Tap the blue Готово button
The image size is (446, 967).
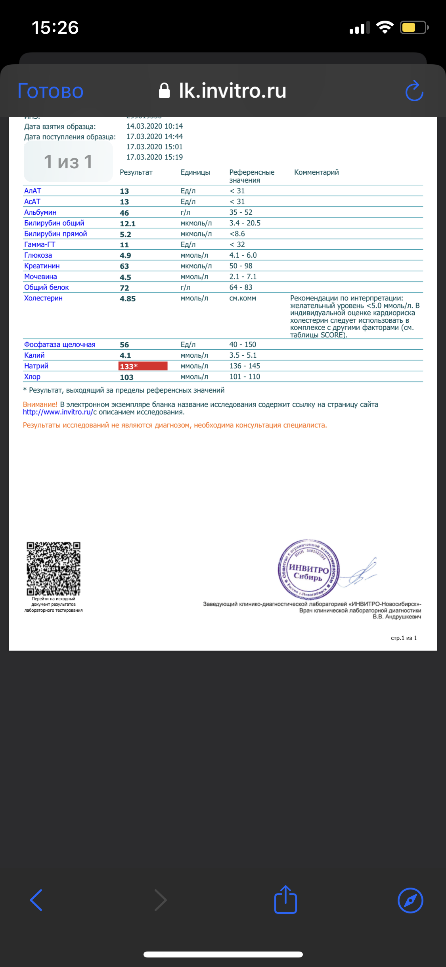50,91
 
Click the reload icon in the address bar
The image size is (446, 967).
414,91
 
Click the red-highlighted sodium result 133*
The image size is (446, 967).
143,366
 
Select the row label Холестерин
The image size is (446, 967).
43,298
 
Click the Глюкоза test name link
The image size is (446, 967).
38,255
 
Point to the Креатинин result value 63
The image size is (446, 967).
124,266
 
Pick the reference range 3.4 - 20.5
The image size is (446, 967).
245,223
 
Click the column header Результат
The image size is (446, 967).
136,172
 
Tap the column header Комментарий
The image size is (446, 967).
316,172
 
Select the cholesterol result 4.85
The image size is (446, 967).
128,299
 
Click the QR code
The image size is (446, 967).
54,568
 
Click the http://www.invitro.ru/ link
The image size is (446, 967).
58,412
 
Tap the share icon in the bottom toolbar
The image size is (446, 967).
285,900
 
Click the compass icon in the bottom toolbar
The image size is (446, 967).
410,900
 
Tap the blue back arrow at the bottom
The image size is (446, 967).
36,900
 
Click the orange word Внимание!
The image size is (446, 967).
40,405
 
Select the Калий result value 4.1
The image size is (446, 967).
125,356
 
